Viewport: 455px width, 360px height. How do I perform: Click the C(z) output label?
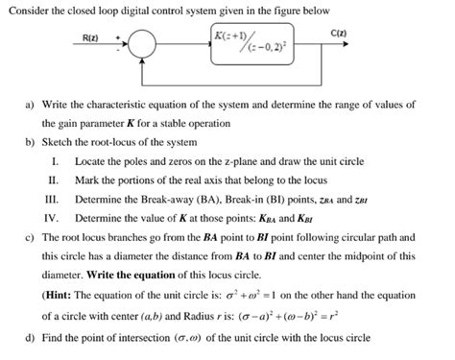click(x=339, y=35)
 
